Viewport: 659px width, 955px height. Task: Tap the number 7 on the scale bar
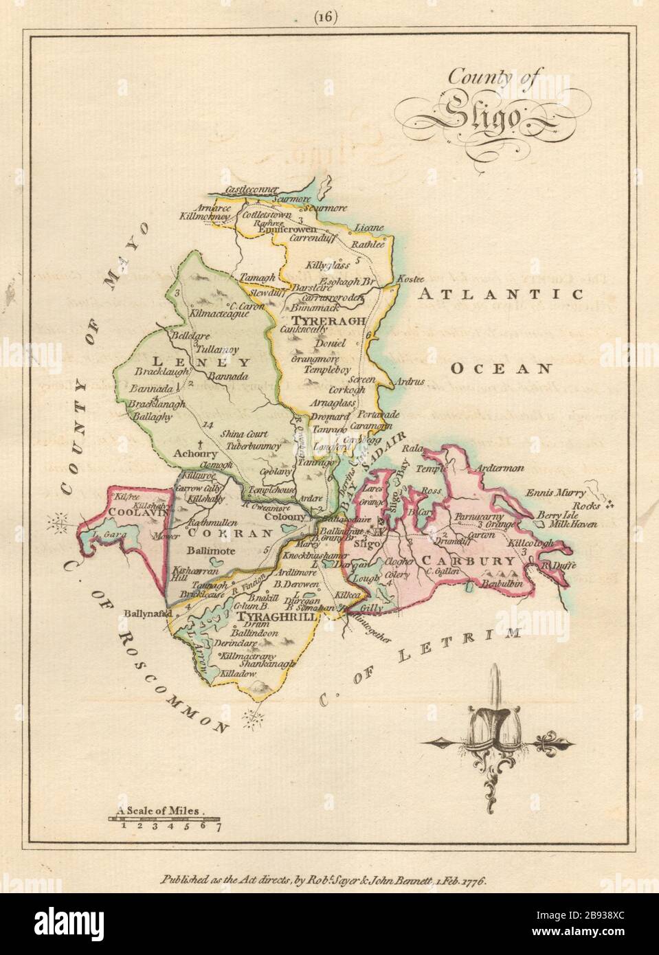click(217, 827)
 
